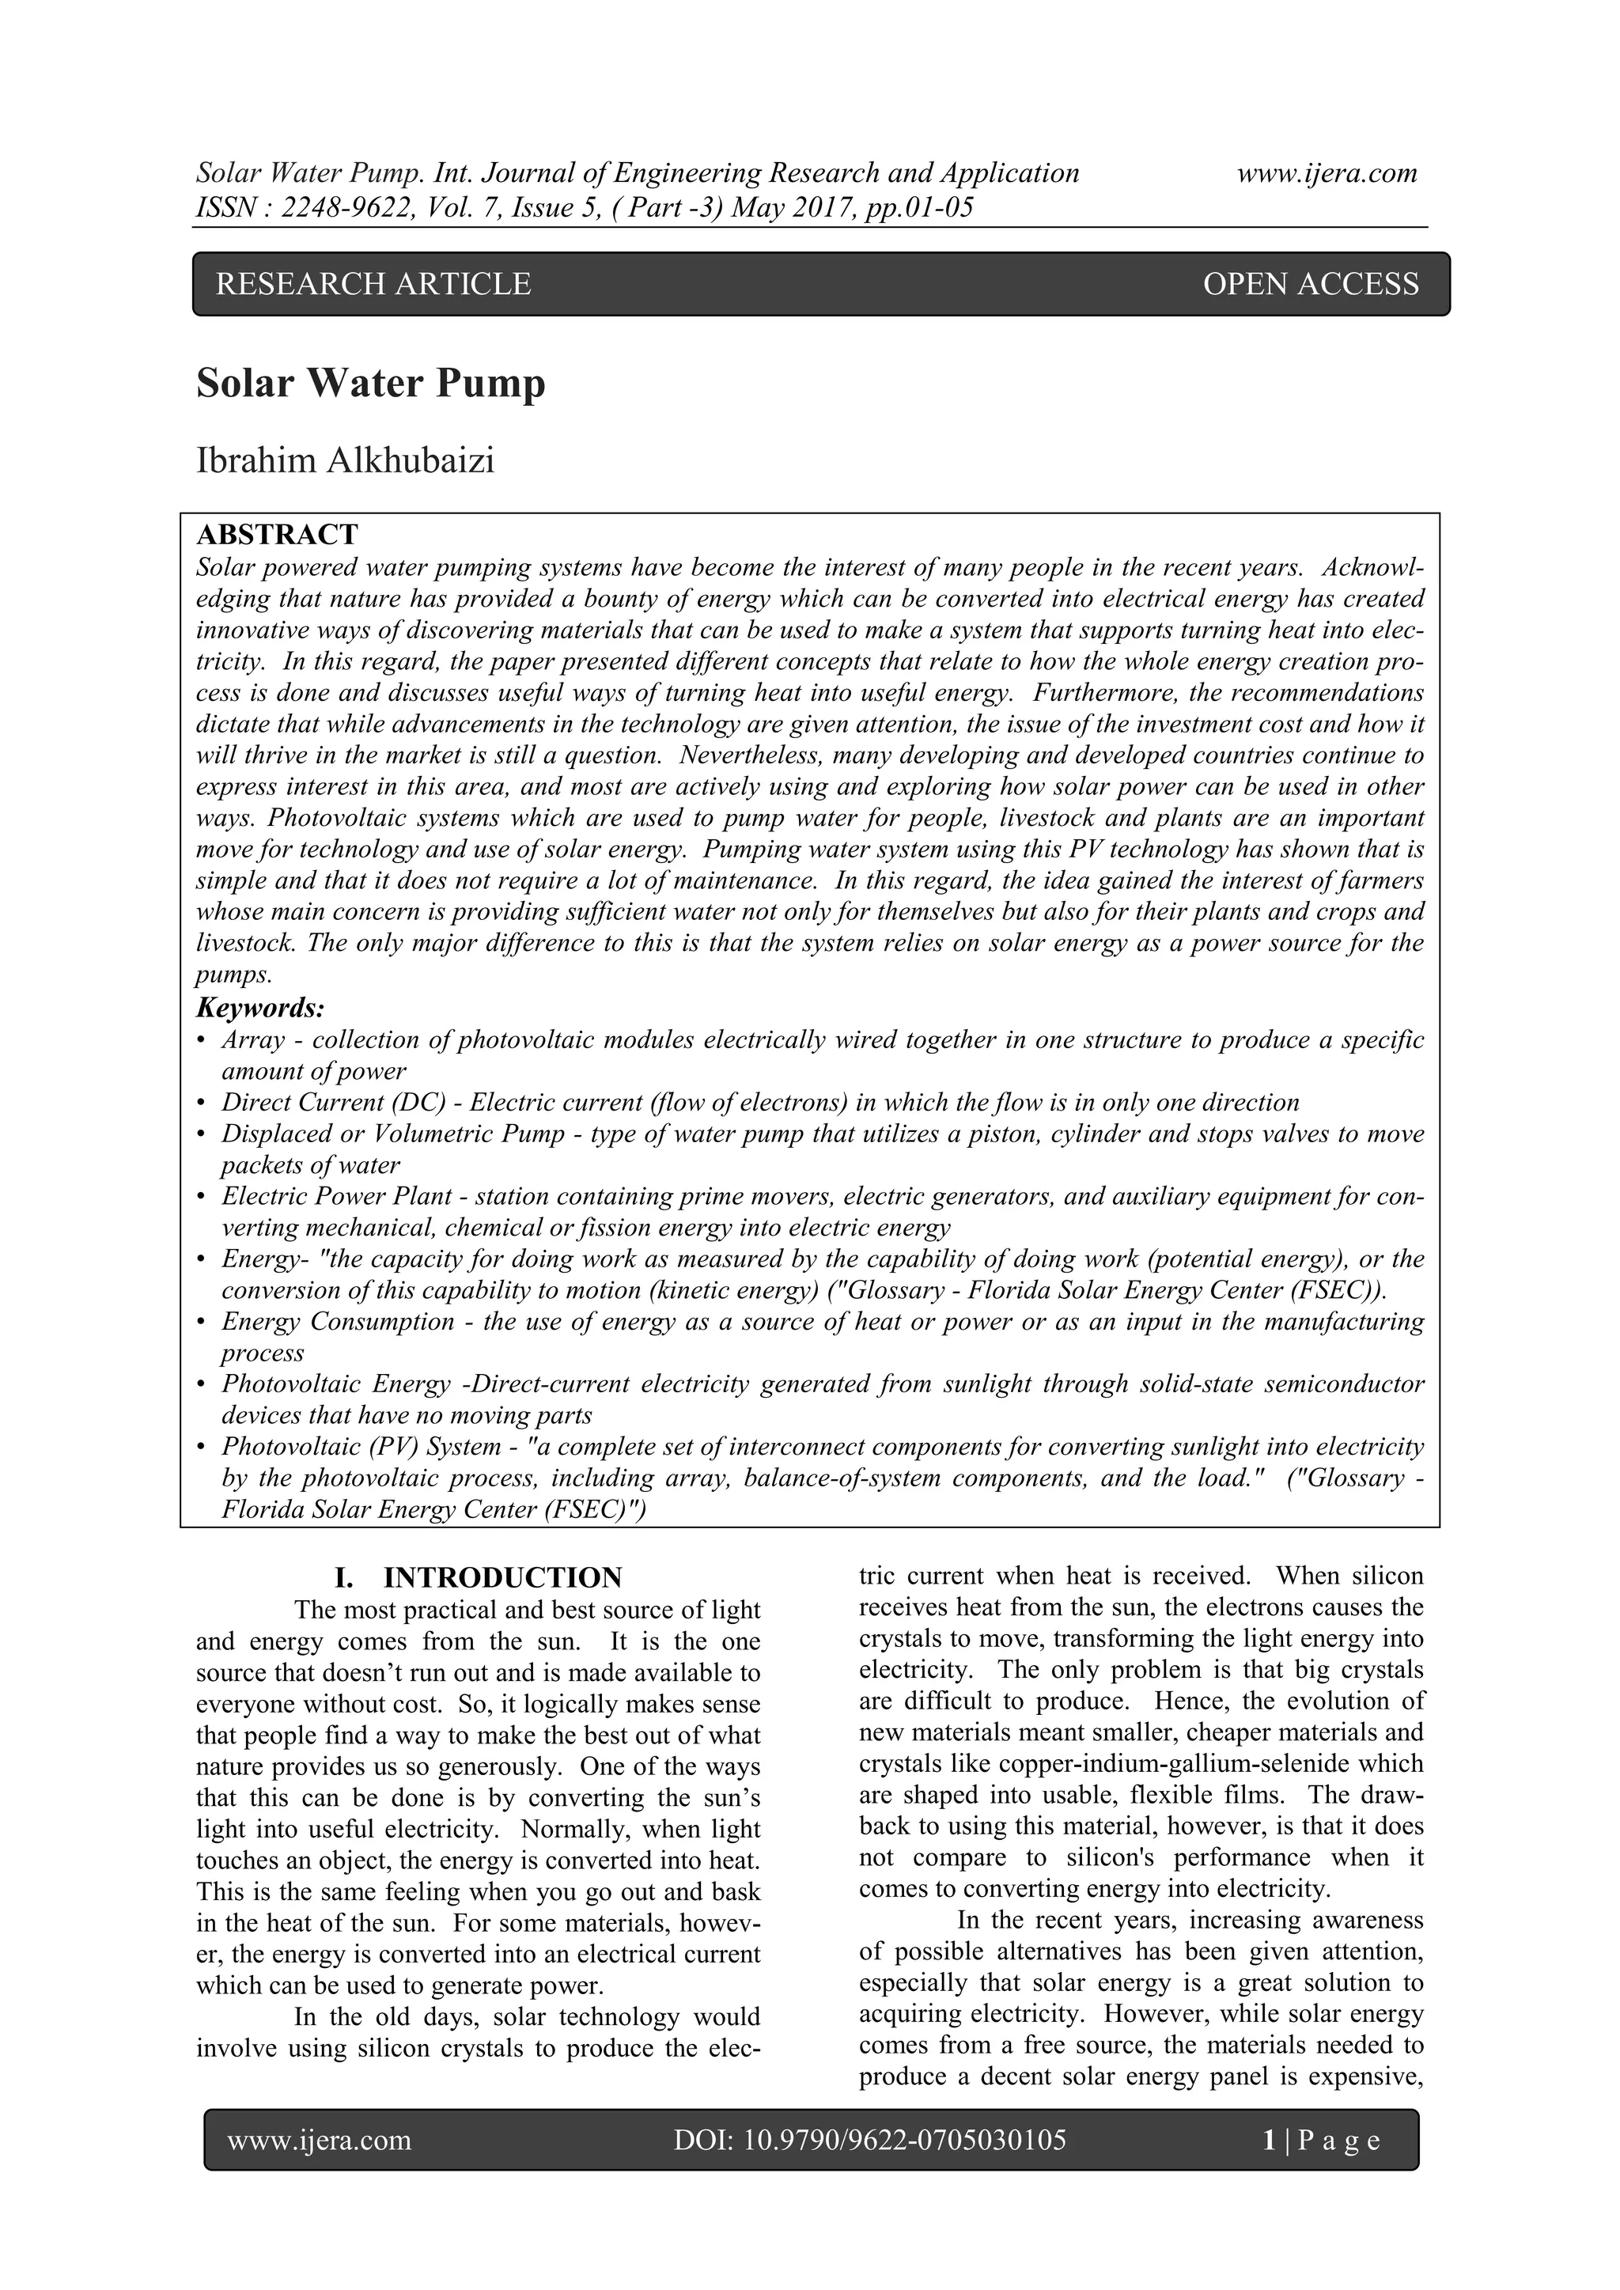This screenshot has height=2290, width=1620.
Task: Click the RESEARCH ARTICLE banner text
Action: pyautogui.click(x=373, y=284)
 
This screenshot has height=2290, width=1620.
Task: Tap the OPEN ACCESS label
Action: pyautogui.click(x=1310, y=284)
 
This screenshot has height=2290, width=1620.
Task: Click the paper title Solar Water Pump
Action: pyautogui.click(x=371, y=384)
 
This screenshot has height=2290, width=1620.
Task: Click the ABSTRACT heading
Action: pyautogui.click(x=278, y=535)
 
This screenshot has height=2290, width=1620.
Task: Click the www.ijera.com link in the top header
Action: pyautogui.click(x=1327, y=173)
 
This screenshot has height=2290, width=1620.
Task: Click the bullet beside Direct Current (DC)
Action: pyautogui.click(x=202, y=1103)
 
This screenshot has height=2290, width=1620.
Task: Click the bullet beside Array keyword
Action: pyautogui.click(x=202, y=1040)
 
